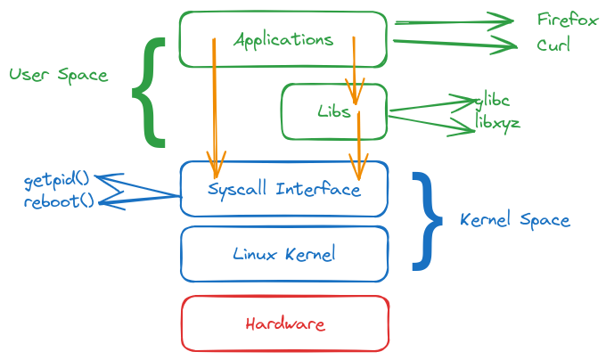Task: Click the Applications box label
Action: pyautogui.click(x=283, y=40)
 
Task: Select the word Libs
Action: pyautogui.click(x=333, y=112)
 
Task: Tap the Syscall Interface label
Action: pyautogui.click(x=283, y=189)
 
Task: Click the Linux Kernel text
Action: pyautogui.click(x=283, y=254)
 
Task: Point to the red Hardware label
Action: pyautogui.click(x=284, y=323)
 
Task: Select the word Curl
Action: pyautogui.click(x=553, y=45)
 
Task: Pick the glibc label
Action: pyautogui.click(x=492, y=100)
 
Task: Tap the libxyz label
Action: pyautogui.click(x=497, y=122)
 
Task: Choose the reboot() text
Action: pyautogui.click(x=58, y=200)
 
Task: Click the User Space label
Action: pyautogui.click(x=58, y=75)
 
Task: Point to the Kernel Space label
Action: pyautogui.click(x=515, y=219)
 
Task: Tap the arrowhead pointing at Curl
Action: pyautogui.click(x=508, y=45)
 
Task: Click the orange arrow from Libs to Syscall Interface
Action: pyautogui.click(x=358, y=143)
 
